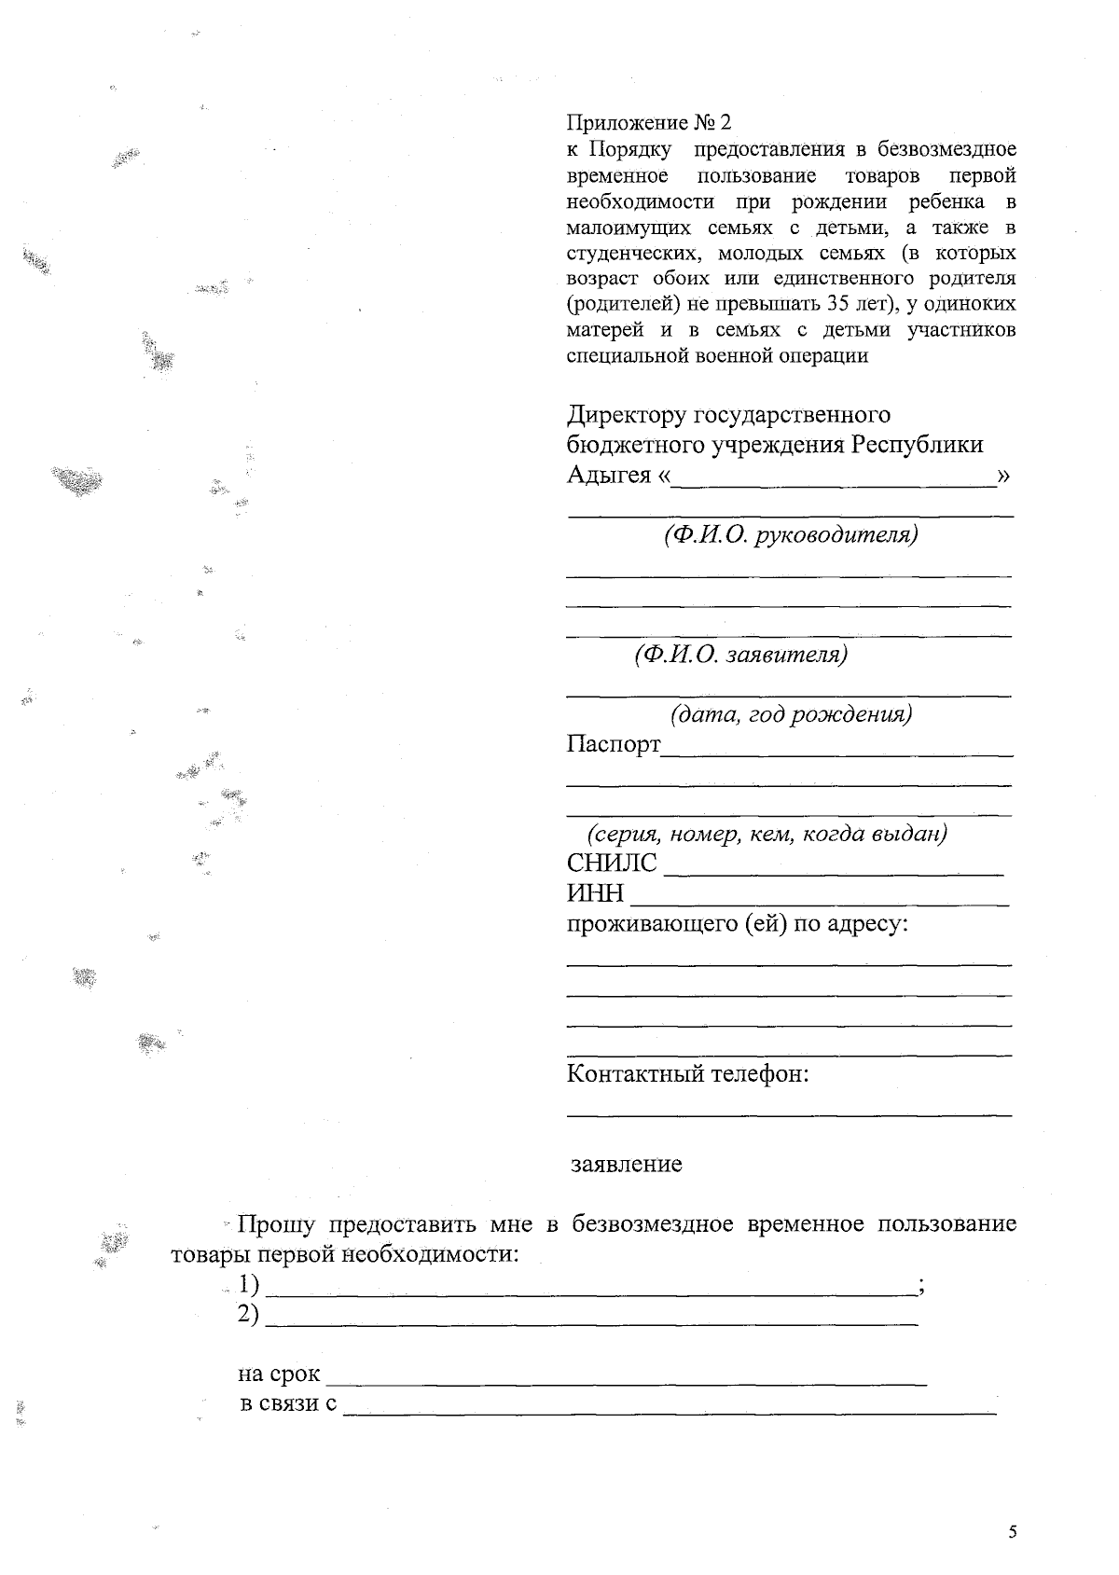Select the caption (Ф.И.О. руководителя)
791,535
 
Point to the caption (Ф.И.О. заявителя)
740,655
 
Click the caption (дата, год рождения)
791,714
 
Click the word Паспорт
613,744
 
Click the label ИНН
595,893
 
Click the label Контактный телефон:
687,1073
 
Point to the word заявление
627,1164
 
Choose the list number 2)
247,1314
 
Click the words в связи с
288,1403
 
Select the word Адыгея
608,475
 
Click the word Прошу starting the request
276,1224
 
